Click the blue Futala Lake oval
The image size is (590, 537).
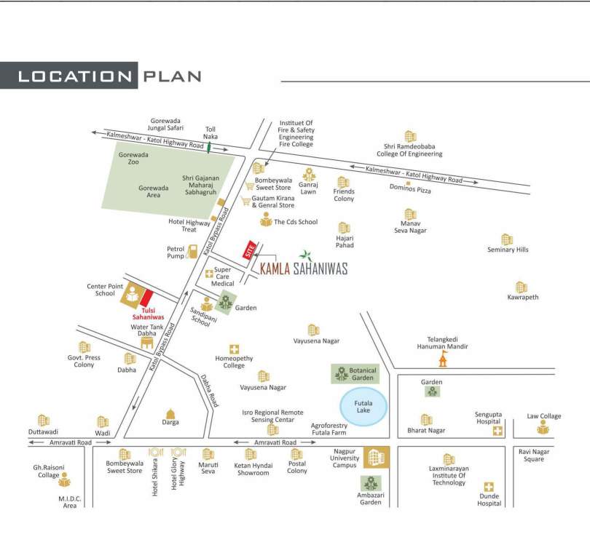tap(365, 405)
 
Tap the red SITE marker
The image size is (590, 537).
tap(251, 250)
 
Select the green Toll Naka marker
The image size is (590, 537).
tap(210, 148)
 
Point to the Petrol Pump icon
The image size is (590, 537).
tap(192, 252)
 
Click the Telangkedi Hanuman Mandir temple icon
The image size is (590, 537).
tap(441, 359)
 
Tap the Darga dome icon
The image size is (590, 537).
tap(171, 413)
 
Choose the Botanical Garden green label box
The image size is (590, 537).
tap(355, 374)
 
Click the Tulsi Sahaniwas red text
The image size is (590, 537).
tap(148, 313)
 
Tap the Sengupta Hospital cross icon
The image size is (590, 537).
tap(497, 431)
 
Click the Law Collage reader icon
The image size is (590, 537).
tap(543, 429)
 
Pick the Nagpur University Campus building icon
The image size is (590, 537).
tap(377, 456)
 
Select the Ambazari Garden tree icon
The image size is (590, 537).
tap(371, 483)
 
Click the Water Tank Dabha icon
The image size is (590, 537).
tap(147, 342)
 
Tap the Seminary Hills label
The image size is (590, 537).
tap(508, 250)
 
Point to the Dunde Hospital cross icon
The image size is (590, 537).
tap(489, 487)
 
